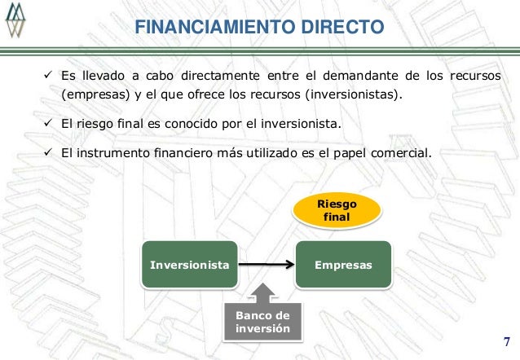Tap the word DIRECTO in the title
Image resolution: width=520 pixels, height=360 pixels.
coord(342,27)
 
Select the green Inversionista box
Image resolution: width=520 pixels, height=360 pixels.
coord(189,266)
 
